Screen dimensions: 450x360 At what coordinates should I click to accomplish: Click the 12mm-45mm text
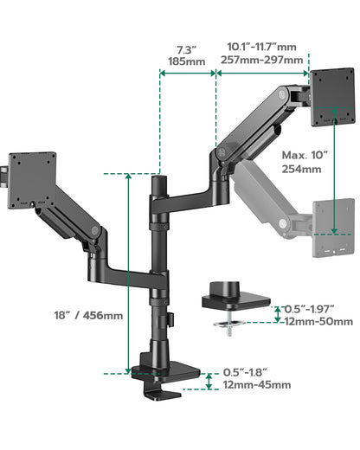click(256, 385)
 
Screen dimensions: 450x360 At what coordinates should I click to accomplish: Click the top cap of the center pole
click(159, 181)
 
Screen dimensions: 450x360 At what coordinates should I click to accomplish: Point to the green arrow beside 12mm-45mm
click(209, 380)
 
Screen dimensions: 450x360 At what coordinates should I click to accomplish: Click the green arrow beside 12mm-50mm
click(277, 313)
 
